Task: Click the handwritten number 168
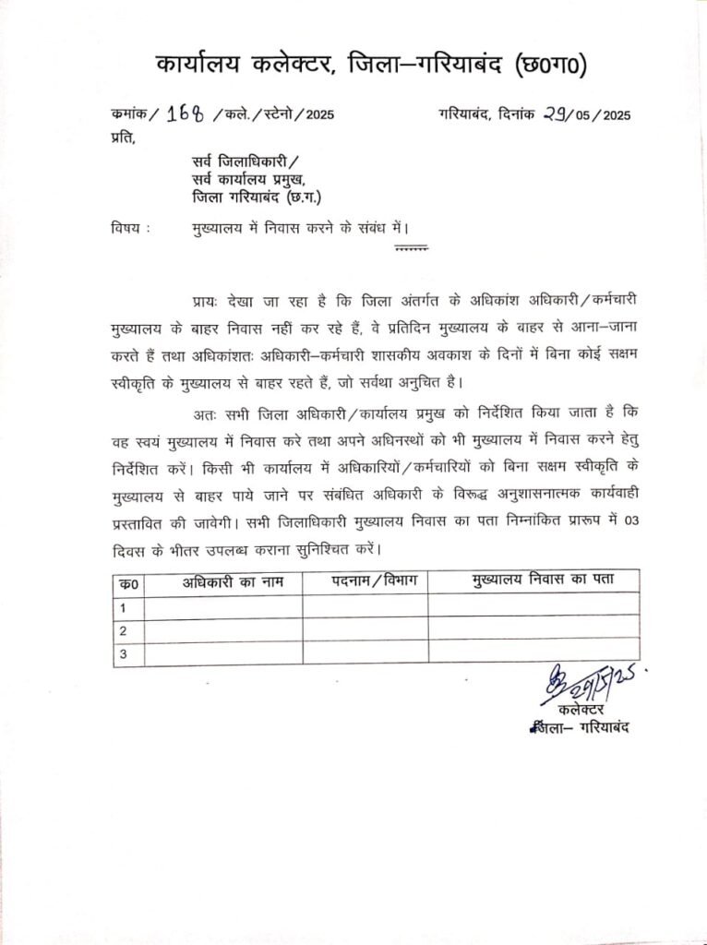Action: [186, 114]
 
